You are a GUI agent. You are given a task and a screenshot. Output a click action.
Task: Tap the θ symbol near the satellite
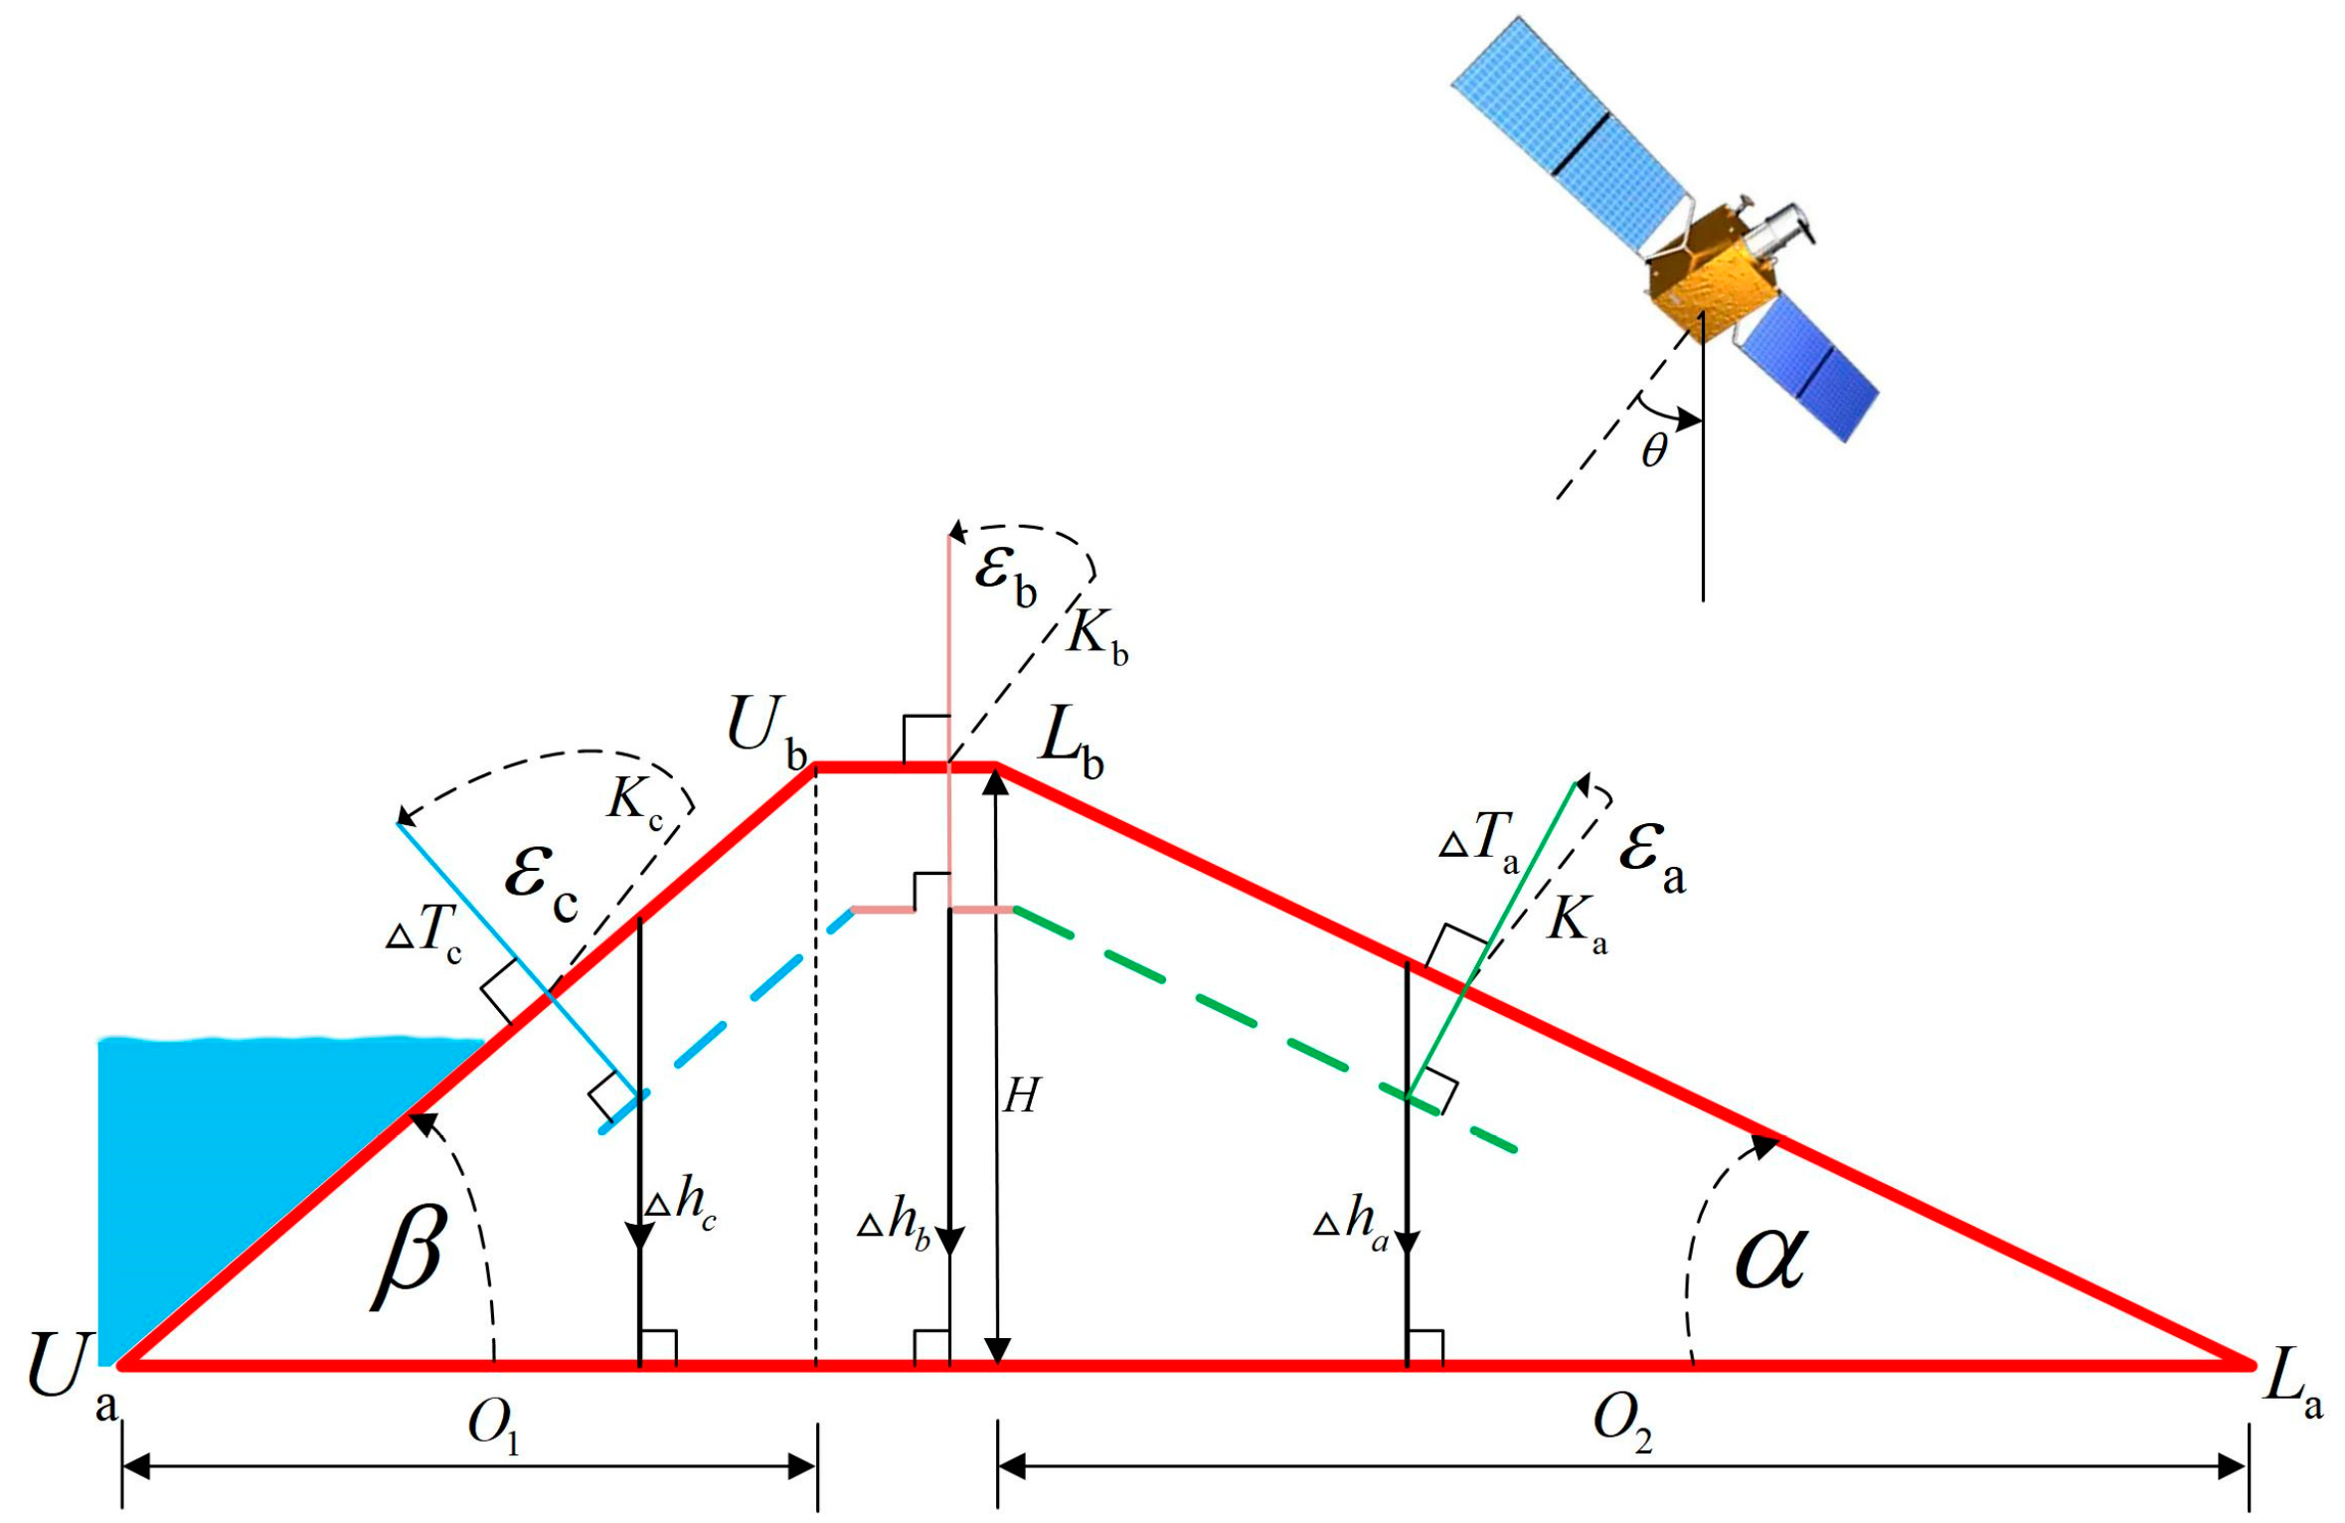(1653, 451)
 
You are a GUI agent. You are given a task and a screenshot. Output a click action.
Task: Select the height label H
(1021, 1097)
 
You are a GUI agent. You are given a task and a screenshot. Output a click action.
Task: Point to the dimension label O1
(494, 1428)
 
